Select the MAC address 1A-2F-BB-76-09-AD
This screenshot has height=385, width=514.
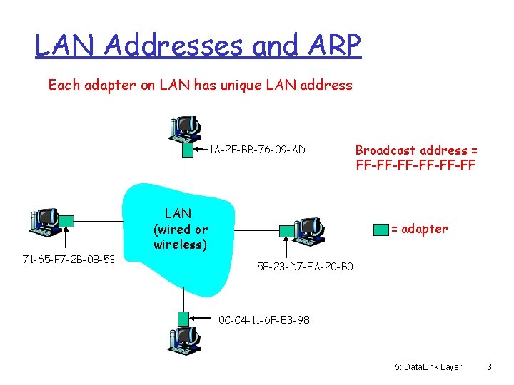[x=257, y=150]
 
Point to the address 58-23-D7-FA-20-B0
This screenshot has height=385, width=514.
[x=304, y=267]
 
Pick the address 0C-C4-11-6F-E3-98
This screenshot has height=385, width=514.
[x=264, y=320]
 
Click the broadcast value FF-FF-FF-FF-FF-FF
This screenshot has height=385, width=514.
[x=416, y=165]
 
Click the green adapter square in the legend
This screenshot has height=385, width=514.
[x=380, y=229]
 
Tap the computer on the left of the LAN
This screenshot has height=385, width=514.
[x=45, y=222]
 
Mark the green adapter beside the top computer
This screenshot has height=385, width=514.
[x=188, y=149]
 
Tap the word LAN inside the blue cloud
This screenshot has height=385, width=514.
[x=178, y=213]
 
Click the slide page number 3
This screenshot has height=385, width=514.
[x=489, y=367]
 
